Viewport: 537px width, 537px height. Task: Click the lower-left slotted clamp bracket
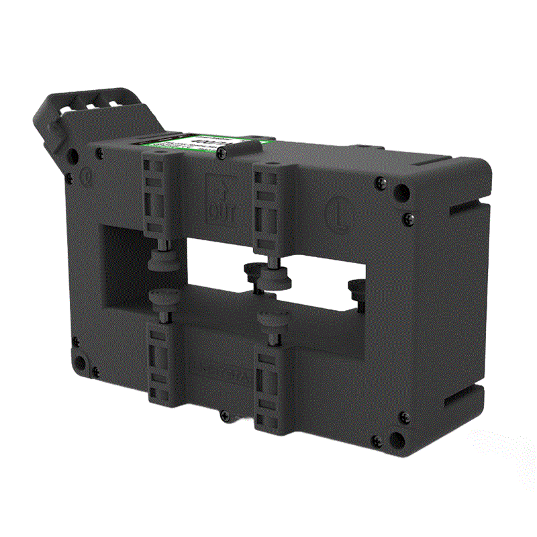click(159, 366)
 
